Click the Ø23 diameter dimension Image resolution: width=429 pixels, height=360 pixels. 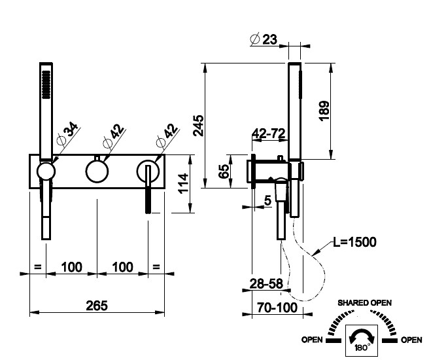click(264, 39)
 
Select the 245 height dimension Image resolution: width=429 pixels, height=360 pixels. click(199, 124)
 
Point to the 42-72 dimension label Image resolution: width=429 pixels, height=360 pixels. click(269, 134)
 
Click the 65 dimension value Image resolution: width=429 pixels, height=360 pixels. click(224, 171)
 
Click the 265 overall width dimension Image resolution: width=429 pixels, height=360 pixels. click(96, 305)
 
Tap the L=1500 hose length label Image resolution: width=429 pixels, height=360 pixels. click(354, 242)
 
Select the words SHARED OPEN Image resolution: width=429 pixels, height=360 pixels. click(364, 302)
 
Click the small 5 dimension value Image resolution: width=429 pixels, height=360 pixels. click(267, 201)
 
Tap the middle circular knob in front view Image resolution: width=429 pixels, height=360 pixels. click(97, 172)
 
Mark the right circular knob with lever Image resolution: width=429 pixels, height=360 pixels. click(148, 172)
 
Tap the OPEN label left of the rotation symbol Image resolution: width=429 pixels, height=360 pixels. click(313, 340)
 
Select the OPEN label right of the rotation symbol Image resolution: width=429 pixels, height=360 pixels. click(411, 340)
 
